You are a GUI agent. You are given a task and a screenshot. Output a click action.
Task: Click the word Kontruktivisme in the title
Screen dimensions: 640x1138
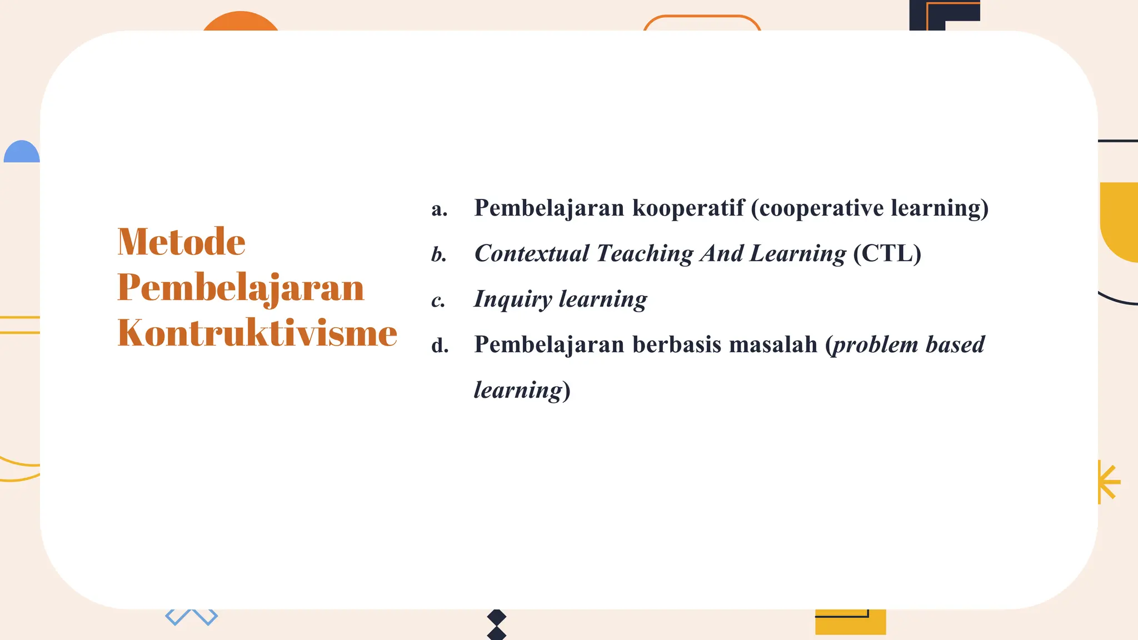pos(257,333)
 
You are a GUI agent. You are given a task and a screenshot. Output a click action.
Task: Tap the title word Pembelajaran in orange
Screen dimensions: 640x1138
pos(241,288)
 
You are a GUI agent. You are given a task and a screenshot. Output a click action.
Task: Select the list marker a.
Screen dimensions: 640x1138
pos(439,209)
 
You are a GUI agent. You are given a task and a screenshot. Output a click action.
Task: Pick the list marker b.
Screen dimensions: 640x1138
pos(439,255)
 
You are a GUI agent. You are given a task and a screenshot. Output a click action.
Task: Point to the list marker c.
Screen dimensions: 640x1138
pos(438,301)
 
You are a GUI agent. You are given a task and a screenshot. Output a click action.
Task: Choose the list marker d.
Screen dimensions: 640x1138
pos(440,346)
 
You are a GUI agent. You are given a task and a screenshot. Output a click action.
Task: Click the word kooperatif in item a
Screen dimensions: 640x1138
pos(688,208)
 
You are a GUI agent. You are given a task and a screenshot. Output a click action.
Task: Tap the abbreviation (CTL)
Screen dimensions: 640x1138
pos(887,254)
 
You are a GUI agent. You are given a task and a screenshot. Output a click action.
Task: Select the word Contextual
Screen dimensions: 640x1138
pos(531,254)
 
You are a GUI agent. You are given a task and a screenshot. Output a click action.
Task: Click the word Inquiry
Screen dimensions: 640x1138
pos(512,299)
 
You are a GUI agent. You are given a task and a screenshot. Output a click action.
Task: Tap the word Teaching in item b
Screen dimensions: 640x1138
pos(645,254)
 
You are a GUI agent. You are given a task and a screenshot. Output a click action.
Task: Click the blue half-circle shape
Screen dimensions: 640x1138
pos(22,153)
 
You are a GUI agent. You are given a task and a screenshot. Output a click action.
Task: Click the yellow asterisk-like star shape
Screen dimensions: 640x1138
pos(1108,482)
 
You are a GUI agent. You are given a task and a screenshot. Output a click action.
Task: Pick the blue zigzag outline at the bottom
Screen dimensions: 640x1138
pos(191,617)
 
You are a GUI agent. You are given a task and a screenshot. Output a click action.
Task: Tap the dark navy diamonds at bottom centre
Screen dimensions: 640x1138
pos(496,624)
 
